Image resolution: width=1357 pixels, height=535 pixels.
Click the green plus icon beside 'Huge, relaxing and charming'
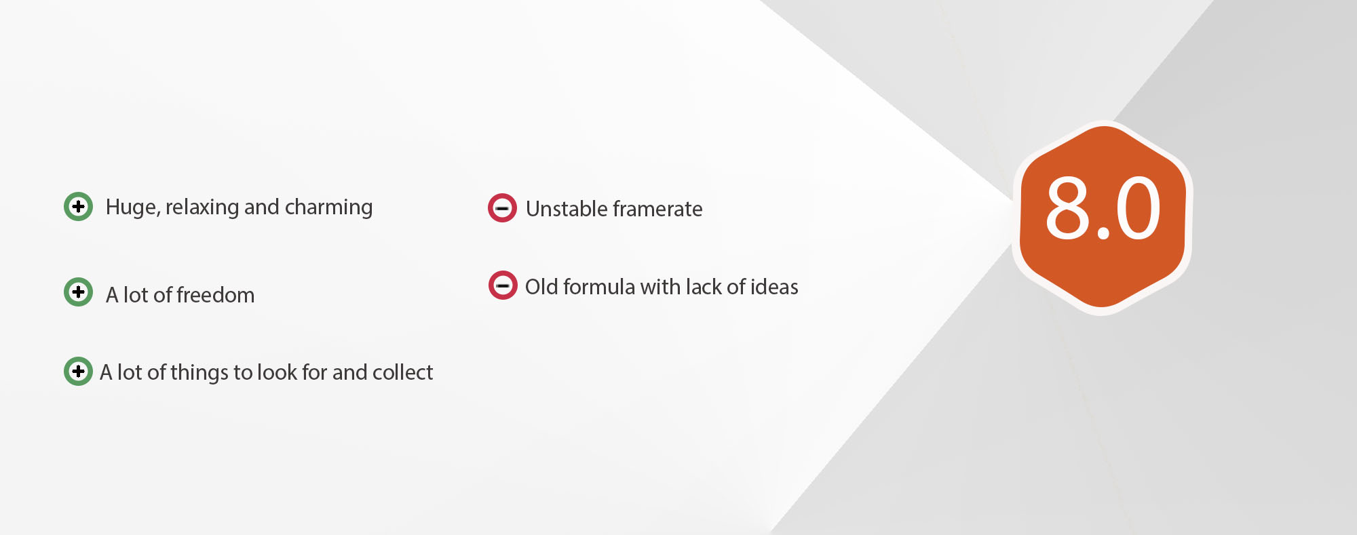78,206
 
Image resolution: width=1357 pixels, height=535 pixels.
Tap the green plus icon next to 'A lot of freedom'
78,292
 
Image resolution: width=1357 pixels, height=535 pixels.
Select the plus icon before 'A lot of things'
78,371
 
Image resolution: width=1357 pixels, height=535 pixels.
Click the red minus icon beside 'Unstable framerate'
502,208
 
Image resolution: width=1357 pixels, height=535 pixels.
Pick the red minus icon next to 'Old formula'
503,285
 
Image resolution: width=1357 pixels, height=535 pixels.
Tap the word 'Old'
541,287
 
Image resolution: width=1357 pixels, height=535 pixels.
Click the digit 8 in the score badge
1067,207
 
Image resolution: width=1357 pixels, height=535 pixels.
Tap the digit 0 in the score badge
1138,207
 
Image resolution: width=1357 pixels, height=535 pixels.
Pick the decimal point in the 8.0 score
1103,234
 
